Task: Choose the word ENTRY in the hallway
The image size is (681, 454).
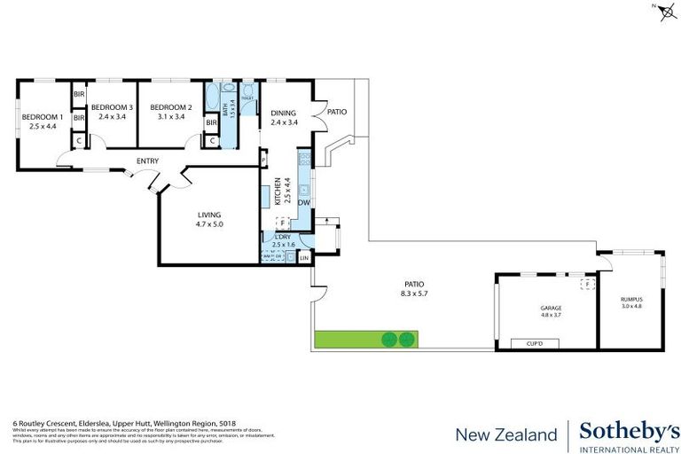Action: [x=147, y=160]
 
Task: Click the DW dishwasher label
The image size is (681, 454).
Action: [x=304, y=203]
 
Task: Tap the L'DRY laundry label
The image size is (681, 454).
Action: [x=283, y=237]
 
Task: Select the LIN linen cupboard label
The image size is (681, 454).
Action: [x=304, y=258]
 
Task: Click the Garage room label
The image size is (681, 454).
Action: [x=552, y=309]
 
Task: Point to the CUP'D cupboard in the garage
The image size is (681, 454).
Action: [x=534, y=342]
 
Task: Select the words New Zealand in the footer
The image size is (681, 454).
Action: [x=506, y=434]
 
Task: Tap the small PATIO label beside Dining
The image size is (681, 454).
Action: [x=336, y=112]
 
